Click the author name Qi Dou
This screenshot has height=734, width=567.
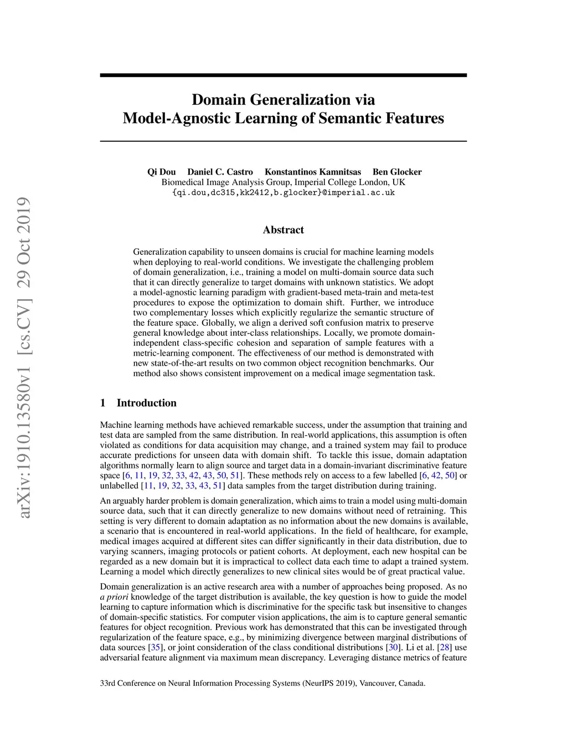[x=161, y=172]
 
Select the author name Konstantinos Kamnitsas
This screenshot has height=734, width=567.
[x=313, y=172]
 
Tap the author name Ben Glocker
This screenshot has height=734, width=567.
[x=397, y=172]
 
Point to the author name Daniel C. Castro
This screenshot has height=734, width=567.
[x=220, y=172]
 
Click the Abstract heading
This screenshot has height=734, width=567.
[x=283, y=230]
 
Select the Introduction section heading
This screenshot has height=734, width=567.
[x=146, y=403]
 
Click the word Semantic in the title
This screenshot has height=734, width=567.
[x=348, y=118]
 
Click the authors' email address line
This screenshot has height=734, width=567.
[x=283, y=192]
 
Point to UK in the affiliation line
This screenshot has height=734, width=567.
[x=399, y=182]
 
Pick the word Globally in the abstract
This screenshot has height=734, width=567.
[x=218, y=323]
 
